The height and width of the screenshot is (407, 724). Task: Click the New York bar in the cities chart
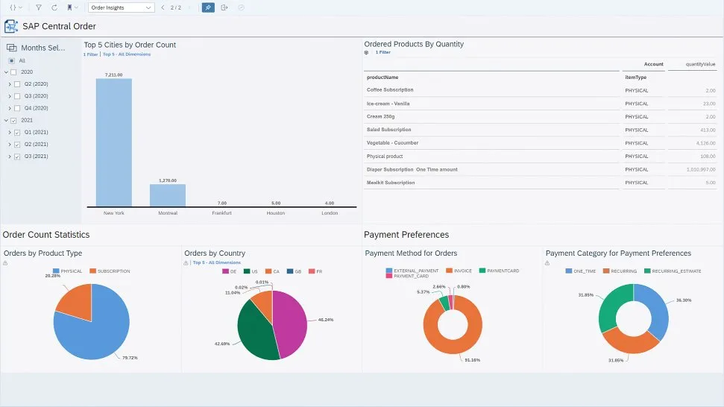(x=113, y=142)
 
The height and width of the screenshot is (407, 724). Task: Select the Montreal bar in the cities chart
(x=167, y=195)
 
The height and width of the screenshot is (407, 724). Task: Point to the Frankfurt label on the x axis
(x=221, y=213)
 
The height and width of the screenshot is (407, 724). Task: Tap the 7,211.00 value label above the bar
(x=113, y=75)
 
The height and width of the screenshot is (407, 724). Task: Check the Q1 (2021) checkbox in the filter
(x=17, y=132)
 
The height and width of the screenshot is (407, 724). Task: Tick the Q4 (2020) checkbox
(x=17, y=108)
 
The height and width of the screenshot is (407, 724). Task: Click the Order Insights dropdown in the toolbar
(x=121, y=7)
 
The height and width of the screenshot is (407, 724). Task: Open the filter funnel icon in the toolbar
(x=39, y=7)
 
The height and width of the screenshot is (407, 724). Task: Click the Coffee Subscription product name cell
(x=390, y=90)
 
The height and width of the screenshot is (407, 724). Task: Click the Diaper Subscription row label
(x=412, y=169)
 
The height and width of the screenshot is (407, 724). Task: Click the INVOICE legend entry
(x=461, y=271)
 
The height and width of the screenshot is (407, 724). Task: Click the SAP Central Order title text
(x=59, y=26)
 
